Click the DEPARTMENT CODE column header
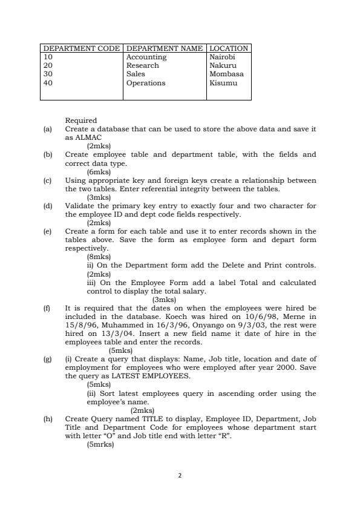click(x=81, y=48)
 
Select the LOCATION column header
click(x=229, y=48)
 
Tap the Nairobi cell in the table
click(x=222, y=57)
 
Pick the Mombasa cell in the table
click(x=226, y=74)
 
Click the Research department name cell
click(x=142, y=65)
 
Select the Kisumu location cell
click(x=223, y=83)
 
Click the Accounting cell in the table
click(x=146, y=57)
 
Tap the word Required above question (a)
click(x=81, y=120)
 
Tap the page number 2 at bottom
click(x=180, y=475)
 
